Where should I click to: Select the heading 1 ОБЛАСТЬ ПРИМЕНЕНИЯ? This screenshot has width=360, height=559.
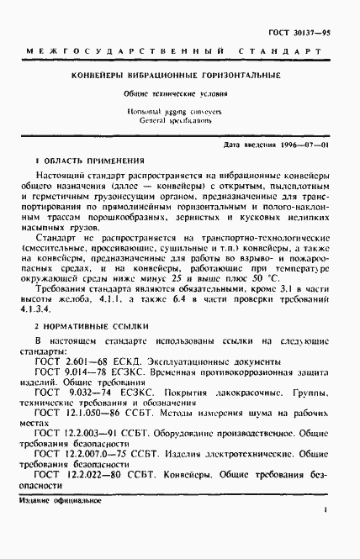pos(90,160)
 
